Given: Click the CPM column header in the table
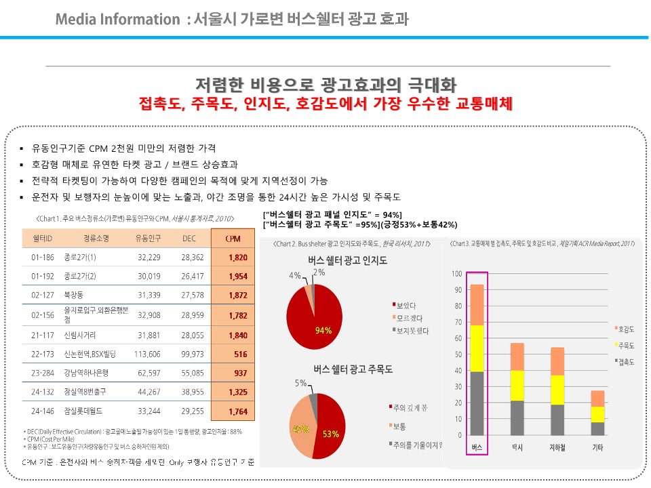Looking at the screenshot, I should tap(233, 238).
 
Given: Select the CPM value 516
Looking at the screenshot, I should tap(240, 354).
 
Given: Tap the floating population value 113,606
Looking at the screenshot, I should tap(147, 354).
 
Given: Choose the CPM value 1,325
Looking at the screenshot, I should tap(237, 392).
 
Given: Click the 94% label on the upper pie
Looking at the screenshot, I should tap(323, 331).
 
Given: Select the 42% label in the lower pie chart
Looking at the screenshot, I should tap(300, 429).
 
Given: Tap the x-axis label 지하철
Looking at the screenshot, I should tap(557, 448).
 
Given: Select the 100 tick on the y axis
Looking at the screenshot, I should tap(456, 274).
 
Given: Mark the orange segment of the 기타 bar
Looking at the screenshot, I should tap(597, 399).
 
